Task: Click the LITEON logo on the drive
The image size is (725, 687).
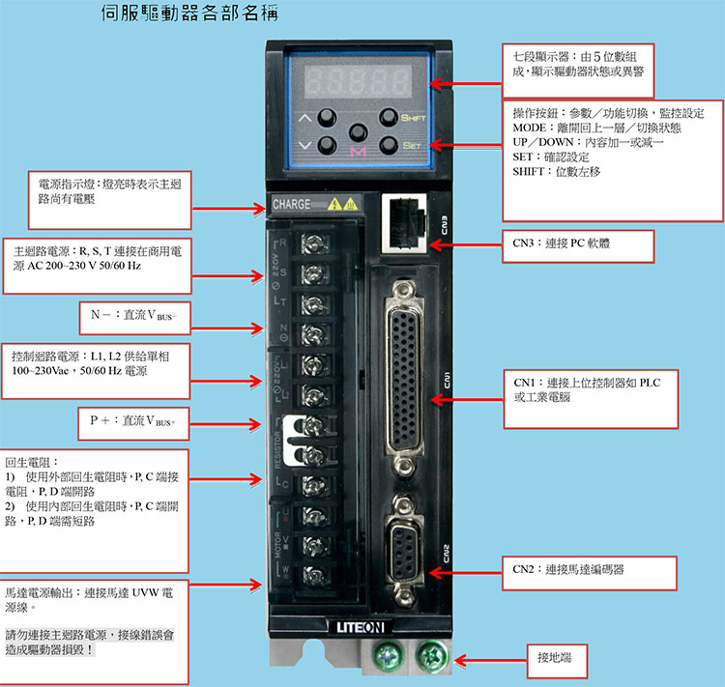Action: coord(361,627)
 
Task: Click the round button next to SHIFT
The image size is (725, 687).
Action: coord(388,118)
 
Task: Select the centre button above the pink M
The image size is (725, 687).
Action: coord(359,132)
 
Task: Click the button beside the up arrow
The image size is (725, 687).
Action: coord(327,118)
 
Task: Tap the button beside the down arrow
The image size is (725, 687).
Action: coord(327,146)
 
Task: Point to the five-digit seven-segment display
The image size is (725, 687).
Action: coord(358,80)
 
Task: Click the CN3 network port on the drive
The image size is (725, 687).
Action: coord(405,223)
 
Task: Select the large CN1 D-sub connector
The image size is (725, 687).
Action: coord(404,378)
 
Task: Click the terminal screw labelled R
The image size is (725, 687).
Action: coord(314,243)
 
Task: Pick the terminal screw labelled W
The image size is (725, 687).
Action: coord(315,575)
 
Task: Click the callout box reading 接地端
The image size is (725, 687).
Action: coord(557,661)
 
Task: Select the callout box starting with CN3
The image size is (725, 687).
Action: coord(578,246)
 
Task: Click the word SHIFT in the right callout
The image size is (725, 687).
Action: coord(528,172)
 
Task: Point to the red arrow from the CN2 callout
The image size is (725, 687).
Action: coord(466,573)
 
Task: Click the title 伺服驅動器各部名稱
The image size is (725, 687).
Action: coord(189,13)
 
